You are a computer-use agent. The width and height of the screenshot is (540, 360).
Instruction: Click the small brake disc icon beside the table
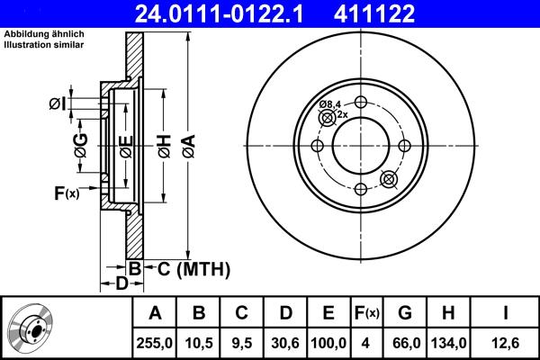click(33, 327)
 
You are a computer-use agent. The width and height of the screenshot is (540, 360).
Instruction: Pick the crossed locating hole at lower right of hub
click(389, 179)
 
